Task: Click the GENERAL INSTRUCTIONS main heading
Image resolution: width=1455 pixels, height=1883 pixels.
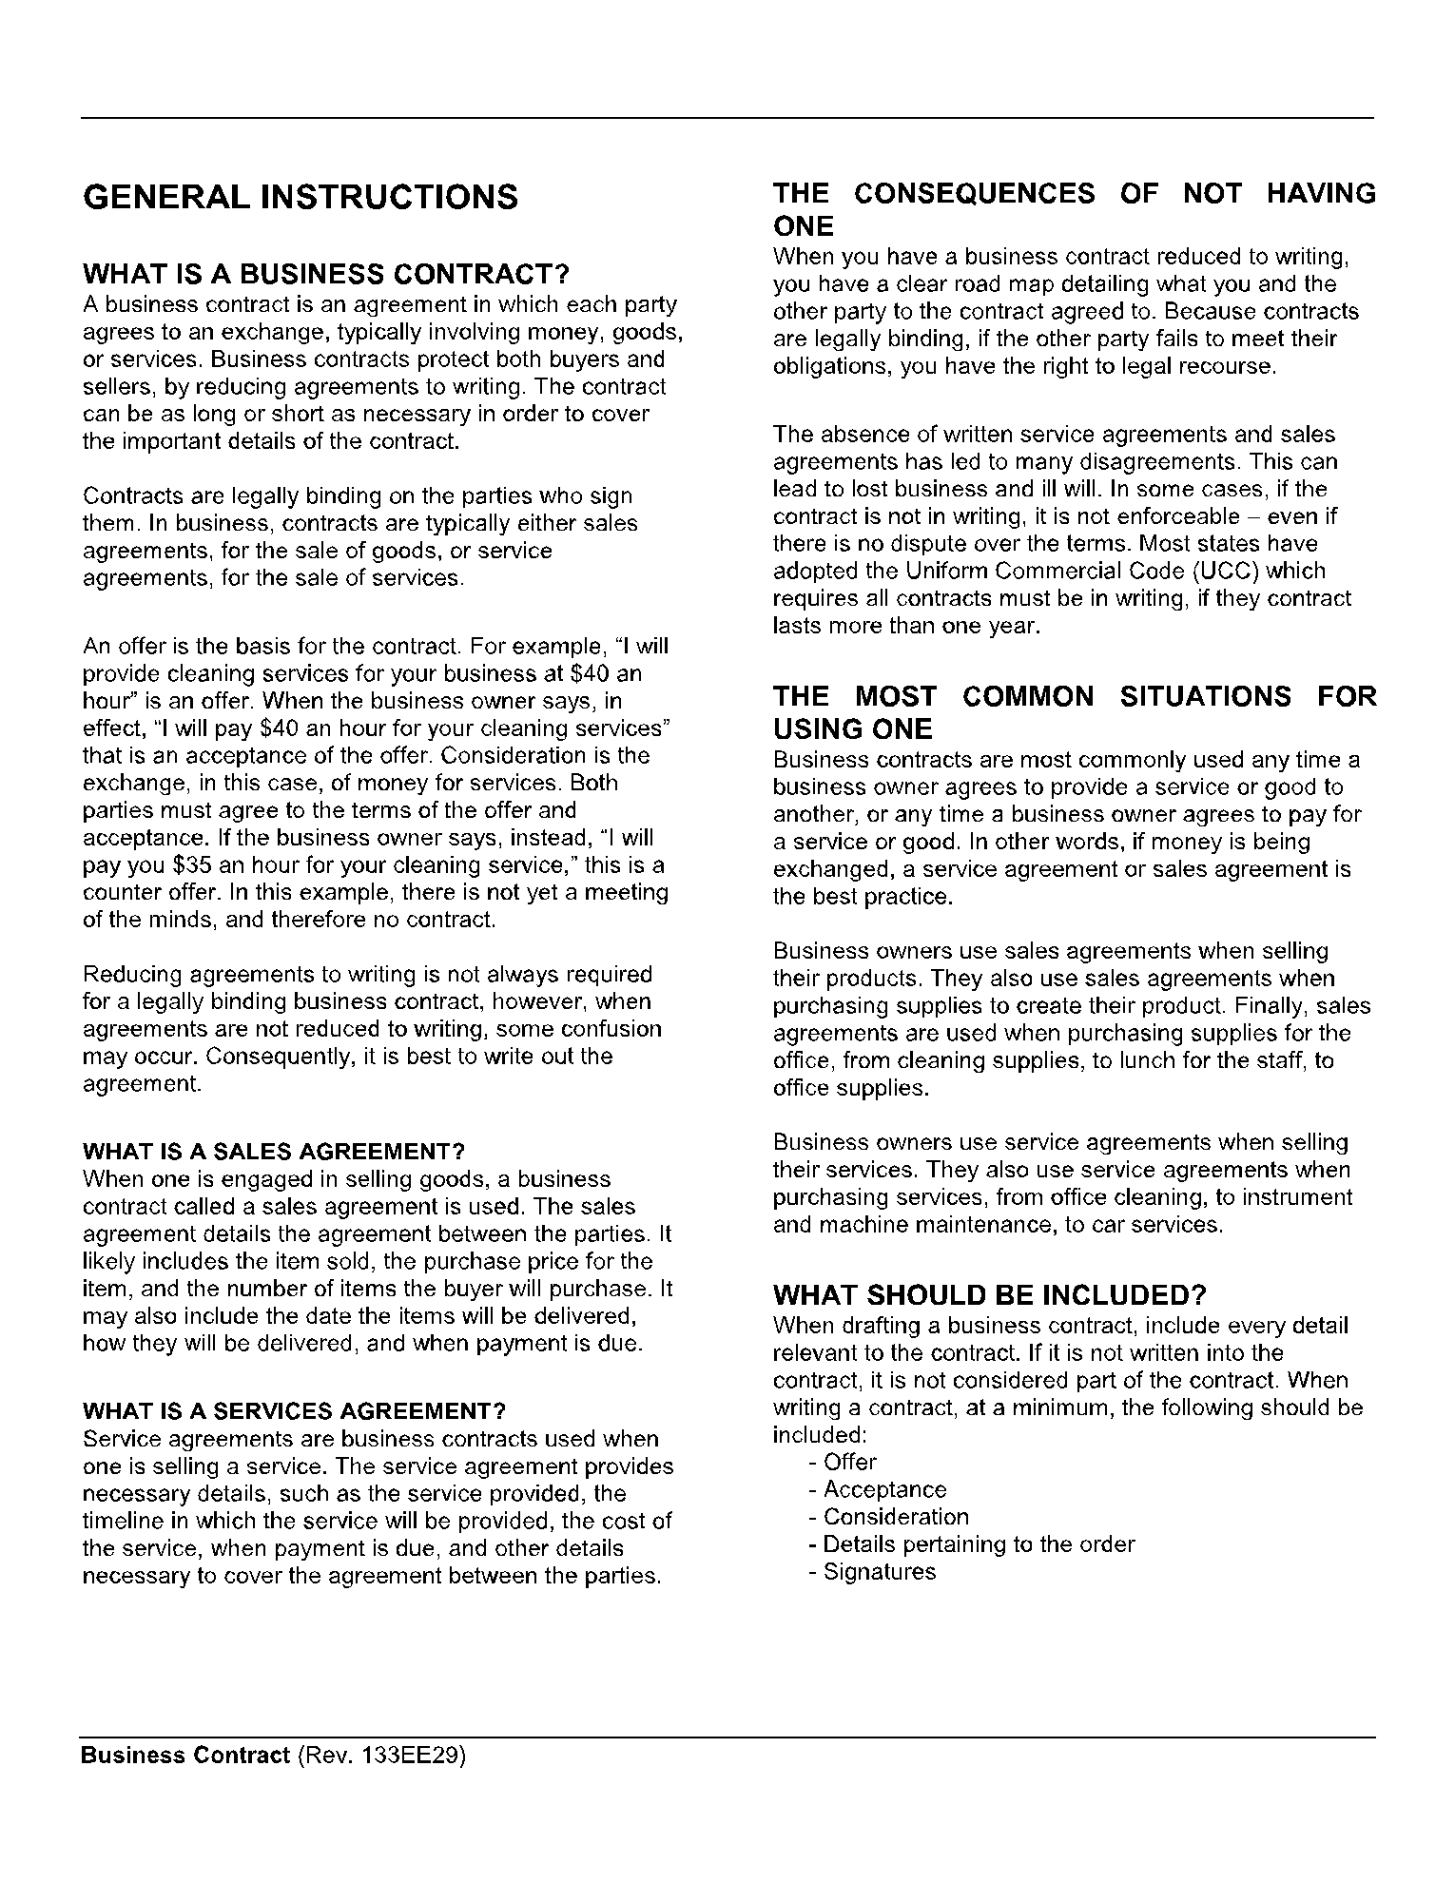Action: (301, 198)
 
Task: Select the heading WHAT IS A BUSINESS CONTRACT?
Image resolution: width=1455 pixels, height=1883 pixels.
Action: (326, 276)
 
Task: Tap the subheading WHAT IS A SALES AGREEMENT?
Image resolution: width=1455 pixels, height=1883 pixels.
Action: (274, 1152)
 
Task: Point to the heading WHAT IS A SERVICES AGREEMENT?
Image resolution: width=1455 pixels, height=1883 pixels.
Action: (295, 1410)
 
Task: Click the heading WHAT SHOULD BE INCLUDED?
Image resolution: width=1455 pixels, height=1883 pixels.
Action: (990, 1295)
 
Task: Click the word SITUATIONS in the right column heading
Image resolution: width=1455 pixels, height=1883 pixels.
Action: (1205, 697)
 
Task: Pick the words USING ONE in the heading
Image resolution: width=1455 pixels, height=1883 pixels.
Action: (852, 730)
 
